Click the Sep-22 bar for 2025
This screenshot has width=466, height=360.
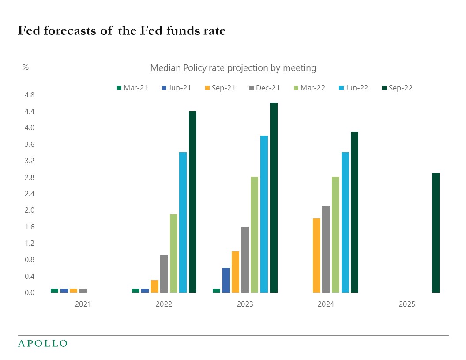coord(436,232)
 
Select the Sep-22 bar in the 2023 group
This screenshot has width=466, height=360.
coord(274,198)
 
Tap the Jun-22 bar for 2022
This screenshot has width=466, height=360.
coord(183,222)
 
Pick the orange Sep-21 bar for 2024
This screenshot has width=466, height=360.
coord(316,255)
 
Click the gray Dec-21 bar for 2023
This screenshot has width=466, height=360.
coord(245,259)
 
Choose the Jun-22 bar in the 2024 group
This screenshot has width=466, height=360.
coord(345,222)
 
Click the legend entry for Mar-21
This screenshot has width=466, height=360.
coord(132,88)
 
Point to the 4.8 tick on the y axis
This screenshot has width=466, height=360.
coord(29,95)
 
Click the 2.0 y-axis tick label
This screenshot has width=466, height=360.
coord(29,210)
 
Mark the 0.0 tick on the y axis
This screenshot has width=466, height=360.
coord(29,293)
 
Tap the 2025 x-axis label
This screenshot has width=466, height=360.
coord(407,304)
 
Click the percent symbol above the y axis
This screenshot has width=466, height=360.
coord(26,67)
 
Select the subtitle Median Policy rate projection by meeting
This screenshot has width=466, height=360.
coord(233,68)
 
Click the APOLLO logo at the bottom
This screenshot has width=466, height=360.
coord(42,343)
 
